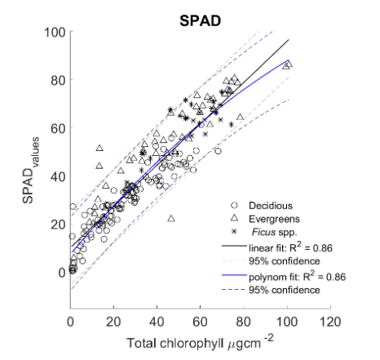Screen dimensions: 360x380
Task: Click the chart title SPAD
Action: click(201, 15)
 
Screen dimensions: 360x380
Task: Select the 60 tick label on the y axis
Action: click(58, 128)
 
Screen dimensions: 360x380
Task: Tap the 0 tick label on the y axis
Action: click(61, 272)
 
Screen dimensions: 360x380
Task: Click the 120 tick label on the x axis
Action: click(329, 321)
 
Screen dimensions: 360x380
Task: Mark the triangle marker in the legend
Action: click(234, 218)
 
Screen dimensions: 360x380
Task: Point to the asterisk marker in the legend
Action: click(234, 231)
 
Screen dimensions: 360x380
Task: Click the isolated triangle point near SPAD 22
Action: click(171, 219)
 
